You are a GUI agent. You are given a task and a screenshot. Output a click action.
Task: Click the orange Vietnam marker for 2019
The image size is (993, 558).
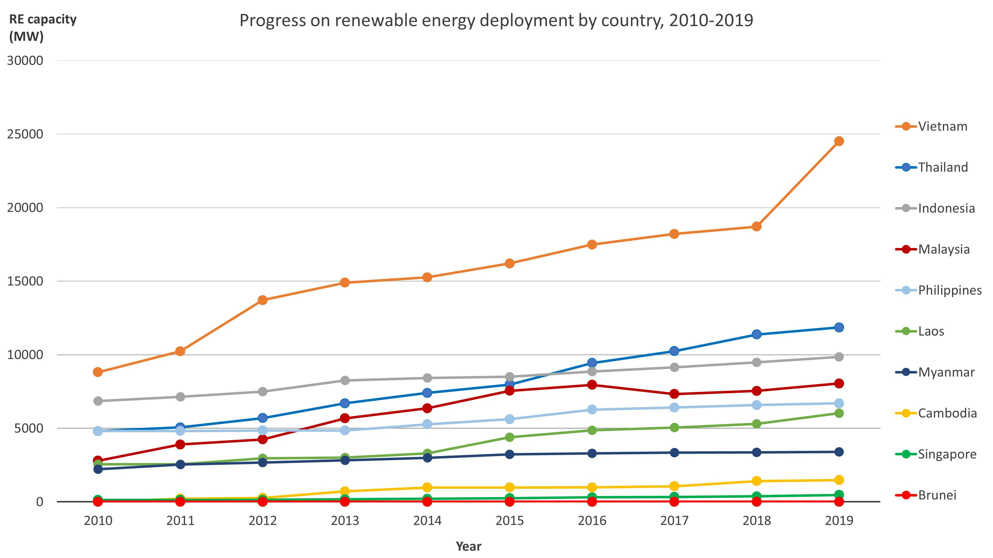coord(838,141)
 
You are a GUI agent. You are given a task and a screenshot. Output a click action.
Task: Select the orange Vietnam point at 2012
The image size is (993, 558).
coord(262,300)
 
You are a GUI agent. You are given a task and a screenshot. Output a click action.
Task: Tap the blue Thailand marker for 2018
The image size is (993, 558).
coord(756,334)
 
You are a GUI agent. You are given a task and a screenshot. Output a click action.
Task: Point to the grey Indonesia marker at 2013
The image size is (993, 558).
coord(345,380)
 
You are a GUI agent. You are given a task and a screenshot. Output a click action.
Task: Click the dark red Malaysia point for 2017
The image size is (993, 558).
coord(674,394)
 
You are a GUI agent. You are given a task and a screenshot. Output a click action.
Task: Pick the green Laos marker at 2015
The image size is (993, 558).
coord(510,437)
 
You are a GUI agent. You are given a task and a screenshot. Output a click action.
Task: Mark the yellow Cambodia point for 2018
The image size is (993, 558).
coord(756,481)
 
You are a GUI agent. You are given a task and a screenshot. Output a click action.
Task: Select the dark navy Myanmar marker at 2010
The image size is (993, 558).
coord(98,469)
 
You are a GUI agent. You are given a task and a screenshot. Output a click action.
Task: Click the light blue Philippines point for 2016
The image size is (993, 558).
coord(592,409)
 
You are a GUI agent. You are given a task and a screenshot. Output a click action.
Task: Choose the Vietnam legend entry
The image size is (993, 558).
coord(943,126)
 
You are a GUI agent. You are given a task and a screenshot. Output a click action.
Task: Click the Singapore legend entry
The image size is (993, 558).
coord(947,454)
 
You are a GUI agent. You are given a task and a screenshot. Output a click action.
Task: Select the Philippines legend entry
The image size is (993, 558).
coord(950,290)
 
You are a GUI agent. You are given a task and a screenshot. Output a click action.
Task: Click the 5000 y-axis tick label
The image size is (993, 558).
coord(29,428)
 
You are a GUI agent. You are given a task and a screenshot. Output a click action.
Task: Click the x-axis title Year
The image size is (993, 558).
coord(468,546)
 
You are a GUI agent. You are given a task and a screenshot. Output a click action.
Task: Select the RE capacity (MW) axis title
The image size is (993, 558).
coord(42,28)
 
